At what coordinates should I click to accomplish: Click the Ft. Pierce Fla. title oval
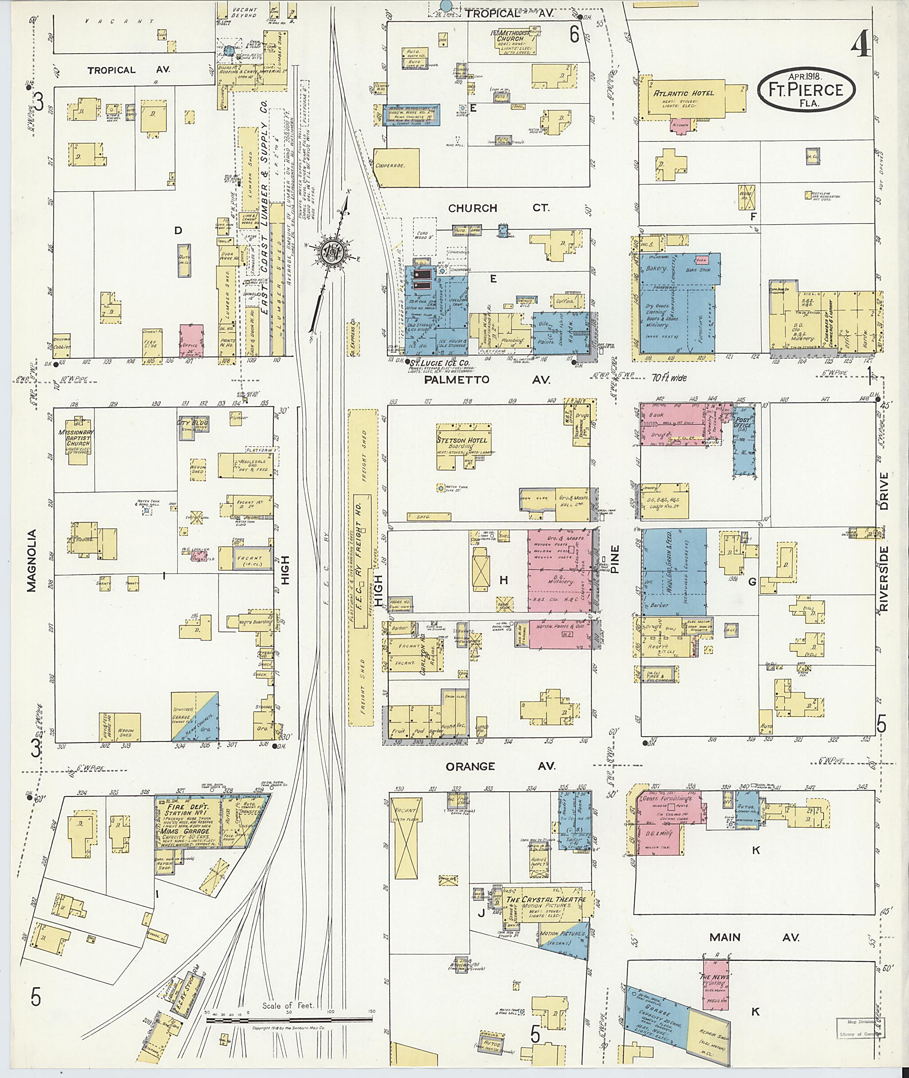806,90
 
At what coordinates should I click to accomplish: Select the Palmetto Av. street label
487,380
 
